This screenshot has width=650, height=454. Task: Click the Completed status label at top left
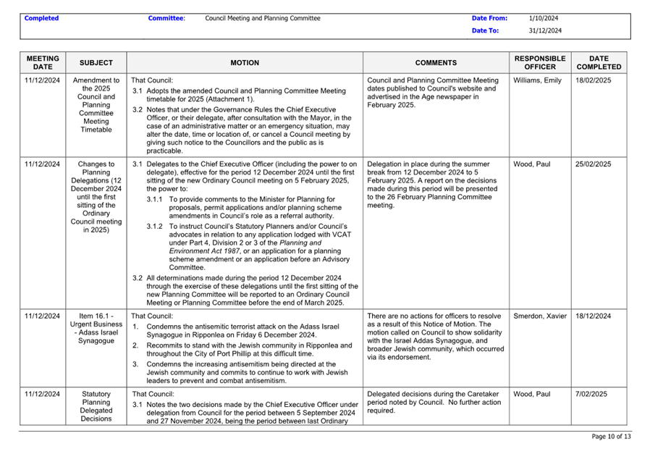[x=41, y=18]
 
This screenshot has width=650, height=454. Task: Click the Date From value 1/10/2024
[x=544, y=18]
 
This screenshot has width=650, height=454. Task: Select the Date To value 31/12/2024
[x=545, y=30]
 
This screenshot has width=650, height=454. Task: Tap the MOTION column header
[x=245, y=63]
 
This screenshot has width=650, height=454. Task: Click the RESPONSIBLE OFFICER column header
[x=539, y=62]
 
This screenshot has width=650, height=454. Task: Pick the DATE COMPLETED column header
[x=599, y=62]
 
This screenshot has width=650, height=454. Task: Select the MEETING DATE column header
[x=43, y=62]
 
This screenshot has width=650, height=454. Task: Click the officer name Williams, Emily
[x=537, y=80]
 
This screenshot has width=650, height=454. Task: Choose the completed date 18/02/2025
[x=594, y=80]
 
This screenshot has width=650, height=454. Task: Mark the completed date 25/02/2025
[x=594, y=164]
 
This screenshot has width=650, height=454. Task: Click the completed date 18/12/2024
[x=594, y=316]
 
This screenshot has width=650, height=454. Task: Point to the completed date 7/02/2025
[x=591, y=395]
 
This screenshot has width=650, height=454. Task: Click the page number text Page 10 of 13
[x=611, y=437]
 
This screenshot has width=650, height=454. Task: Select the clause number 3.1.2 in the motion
[x=155, y=227]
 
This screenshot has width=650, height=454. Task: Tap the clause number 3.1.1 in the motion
[x=155, y=199]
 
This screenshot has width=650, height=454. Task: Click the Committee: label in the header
[x=166, y=18]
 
